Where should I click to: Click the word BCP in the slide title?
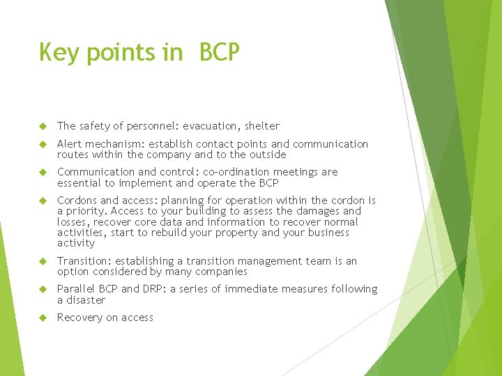[219, 53]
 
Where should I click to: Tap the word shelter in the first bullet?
[262, 126]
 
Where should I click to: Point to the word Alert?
[70, 144]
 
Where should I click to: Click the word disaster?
[86, 300]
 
